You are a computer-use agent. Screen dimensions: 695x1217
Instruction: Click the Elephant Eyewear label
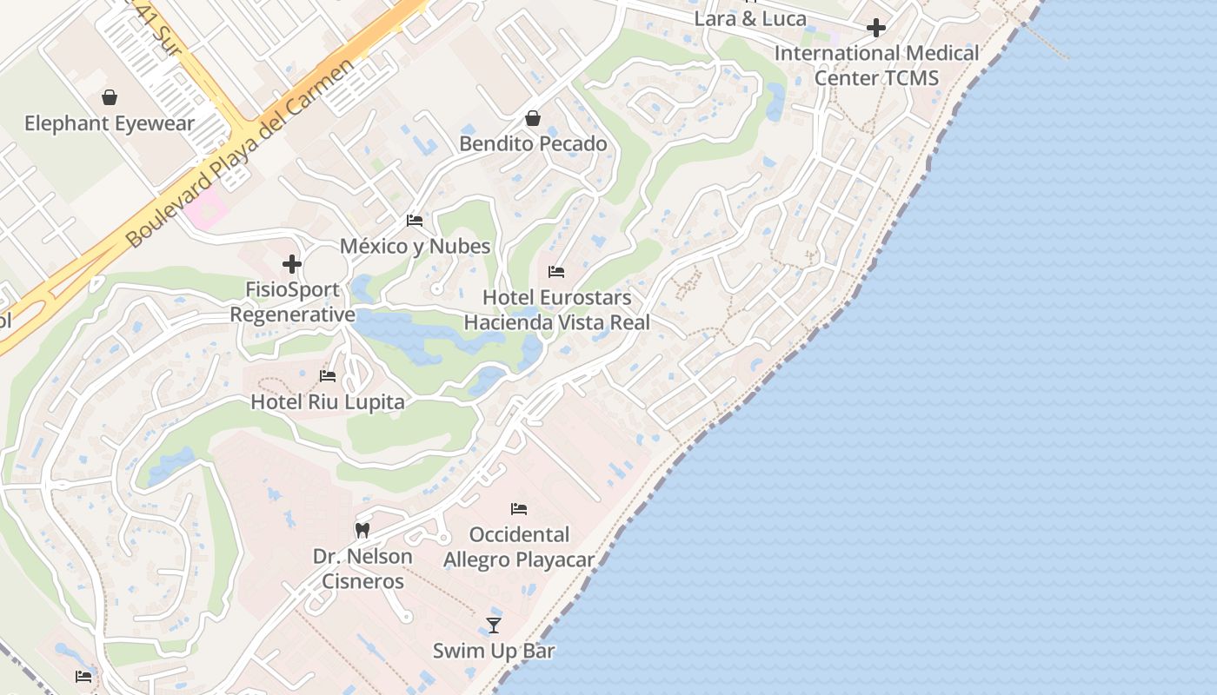[x=110, y=123]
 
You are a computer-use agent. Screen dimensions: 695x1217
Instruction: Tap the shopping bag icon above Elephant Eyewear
[x=110, y=97]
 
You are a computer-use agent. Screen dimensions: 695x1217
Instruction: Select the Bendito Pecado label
[x=533, y=143]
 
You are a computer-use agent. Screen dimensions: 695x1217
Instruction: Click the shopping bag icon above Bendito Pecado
[x=533, y=118]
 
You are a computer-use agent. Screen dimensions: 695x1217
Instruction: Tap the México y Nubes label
[x=415, y=246]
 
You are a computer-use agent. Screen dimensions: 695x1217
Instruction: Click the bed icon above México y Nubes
[x=415, y=221]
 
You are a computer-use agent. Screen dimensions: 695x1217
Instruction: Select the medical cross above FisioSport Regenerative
[x=292, y=264]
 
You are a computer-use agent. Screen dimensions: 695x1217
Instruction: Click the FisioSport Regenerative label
[x=293, y=301]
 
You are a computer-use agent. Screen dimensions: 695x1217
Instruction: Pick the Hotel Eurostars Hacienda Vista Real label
[x=556, y=309]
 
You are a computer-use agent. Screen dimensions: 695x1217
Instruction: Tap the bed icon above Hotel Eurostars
[x=556, y=272]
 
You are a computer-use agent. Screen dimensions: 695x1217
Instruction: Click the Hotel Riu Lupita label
[x=328, y=402]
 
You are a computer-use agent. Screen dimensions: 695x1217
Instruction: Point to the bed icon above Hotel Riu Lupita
[x=328, y=376]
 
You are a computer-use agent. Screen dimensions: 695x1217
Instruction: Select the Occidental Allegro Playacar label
[x=519, y=546]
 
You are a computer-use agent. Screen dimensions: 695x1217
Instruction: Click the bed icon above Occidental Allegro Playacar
[x=519, y=509]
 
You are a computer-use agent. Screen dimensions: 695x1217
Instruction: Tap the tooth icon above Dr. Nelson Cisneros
[x=362, y=530]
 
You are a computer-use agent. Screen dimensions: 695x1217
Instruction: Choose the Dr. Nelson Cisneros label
[x=362, y=568]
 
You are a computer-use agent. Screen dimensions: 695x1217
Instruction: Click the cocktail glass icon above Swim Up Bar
[x=494, y=625]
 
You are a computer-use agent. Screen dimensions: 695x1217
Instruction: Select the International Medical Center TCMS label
[x=876, y=65]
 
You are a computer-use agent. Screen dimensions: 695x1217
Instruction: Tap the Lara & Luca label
[x=750, y=18]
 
